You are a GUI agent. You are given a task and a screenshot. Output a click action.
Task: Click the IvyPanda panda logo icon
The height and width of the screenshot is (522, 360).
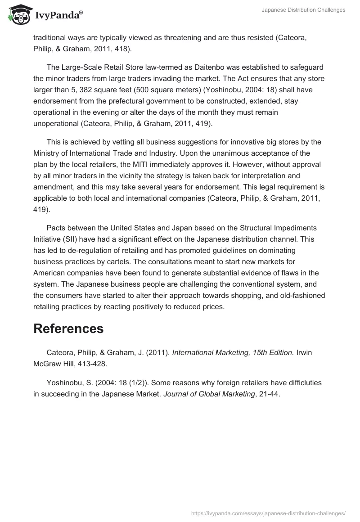tap(18, 14)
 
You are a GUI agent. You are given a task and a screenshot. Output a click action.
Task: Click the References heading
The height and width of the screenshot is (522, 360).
tap(68, 328)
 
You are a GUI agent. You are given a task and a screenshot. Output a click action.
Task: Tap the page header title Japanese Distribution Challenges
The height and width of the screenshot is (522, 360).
tap(304, 10)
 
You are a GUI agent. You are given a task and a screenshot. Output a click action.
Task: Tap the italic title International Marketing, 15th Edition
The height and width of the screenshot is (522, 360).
tap(233, 353)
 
